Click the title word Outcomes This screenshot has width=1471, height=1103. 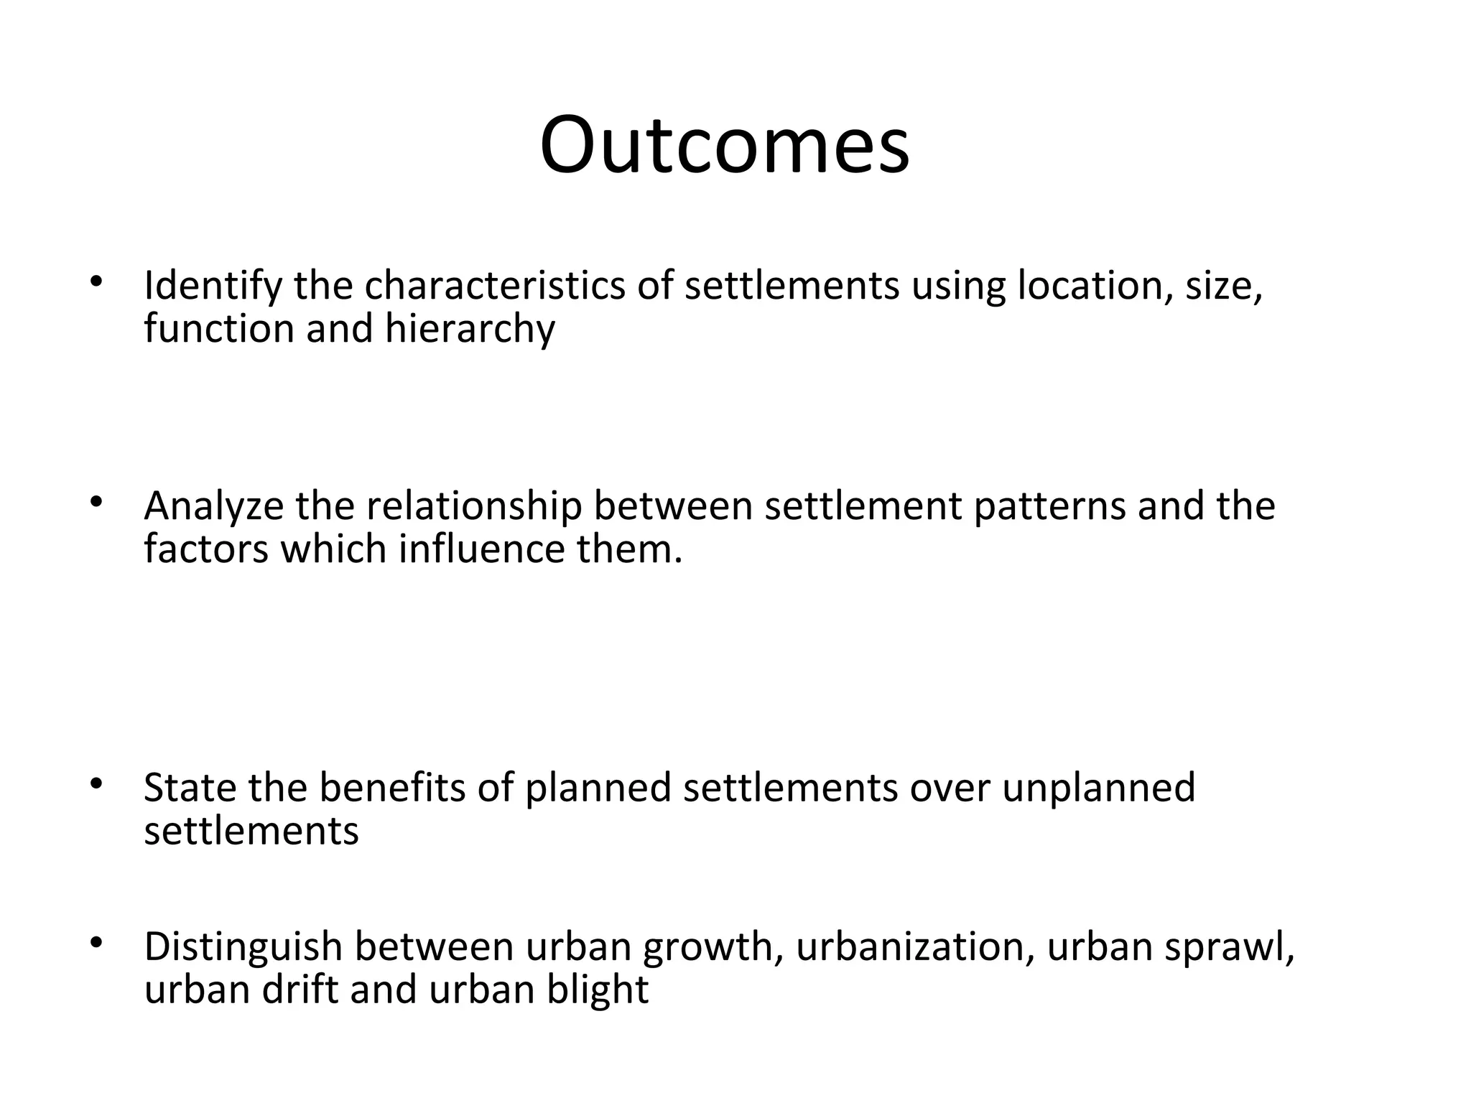click(724, 145)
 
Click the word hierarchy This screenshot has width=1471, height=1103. click(470, 330)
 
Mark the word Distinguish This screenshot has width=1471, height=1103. click(243, 947)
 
